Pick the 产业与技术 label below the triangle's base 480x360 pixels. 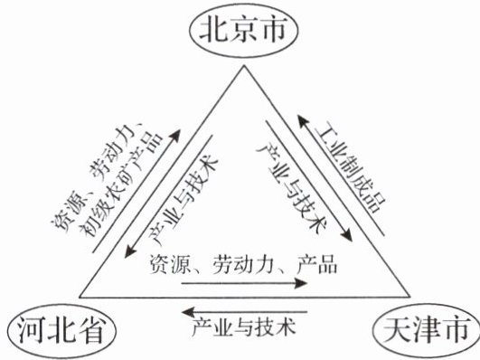244,327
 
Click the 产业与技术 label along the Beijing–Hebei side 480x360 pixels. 184,200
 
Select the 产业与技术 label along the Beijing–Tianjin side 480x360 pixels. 292,187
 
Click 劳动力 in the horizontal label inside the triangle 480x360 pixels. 242,264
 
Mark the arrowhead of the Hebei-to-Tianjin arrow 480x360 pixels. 301,283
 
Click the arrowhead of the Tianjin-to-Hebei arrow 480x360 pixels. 188,312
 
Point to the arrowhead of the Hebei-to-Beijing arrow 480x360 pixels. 175,136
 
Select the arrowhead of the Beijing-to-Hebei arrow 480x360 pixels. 130,251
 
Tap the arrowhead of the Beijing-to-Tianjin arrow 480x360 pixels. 346,235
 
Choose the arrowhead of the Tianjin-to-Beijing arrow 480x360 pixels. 303,120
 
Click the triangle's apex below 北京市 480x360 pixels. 244,66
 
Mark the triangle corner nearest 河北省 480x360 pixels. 80,297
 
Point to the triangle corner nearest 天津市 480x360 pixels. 409,297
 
